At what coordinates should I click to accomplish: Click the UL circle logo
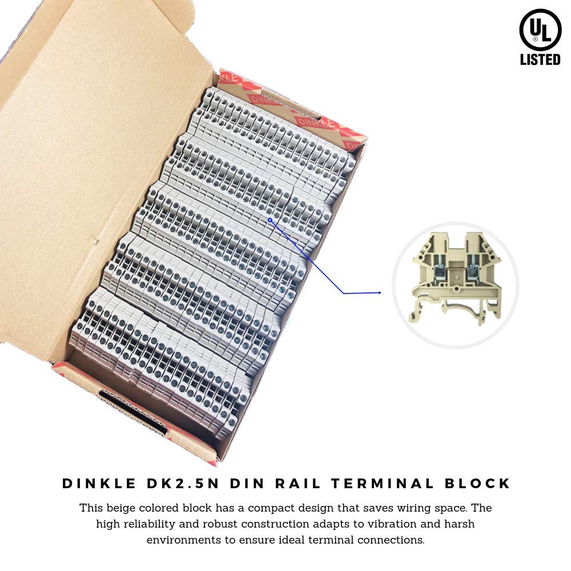click(x=540, y=30)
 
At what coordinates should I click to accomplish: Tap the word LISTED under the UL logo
click(x=540, y=59)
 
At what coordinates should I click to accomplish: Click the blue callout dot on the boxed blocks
click(x=270, y=219)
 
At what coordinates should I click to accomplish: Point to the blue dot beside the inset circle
click(x=380, y=293)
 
